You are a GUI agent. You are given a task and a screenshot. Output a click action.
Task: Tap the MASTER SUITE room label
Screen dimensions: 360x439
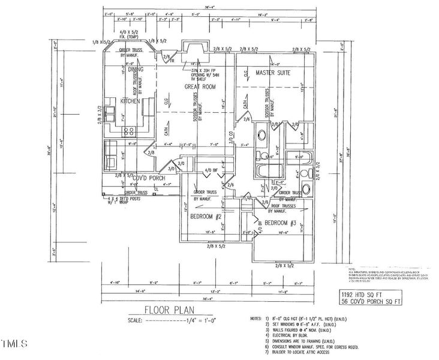click(273, 72)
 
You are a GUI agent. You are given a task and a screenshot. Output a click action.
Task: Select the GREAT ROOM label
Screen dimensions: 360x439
click(199, 86)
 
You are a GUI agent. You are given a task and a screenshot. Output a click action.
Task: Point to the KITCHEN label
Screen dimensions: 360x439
click(130, 101)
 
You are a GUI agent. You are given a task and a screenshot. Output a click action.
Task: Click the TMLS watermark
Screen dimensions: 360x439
click(14, 344)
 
